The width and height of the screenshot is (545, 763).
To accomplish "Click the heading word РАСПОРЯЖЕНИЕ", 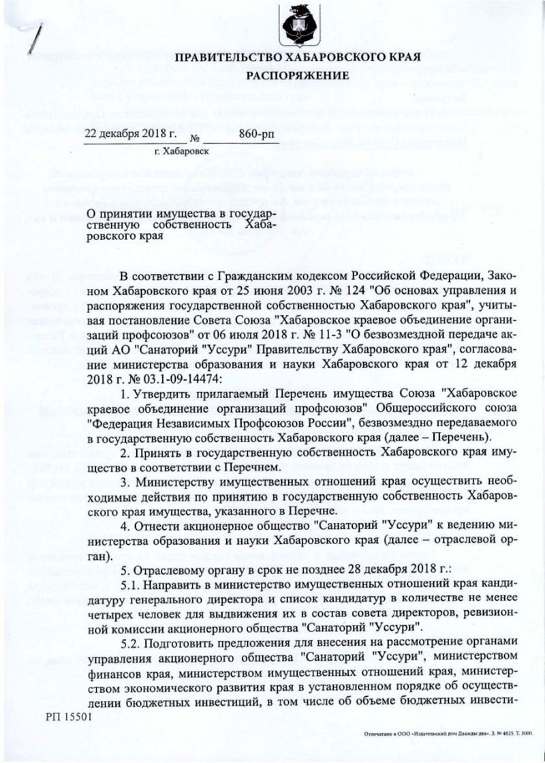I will coord(297,73).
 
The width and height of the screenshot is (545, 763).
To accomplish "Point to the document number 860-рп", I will coord(256,134).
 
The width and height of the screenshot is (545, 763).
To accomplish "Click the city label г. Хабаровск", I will coord(182,149).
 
